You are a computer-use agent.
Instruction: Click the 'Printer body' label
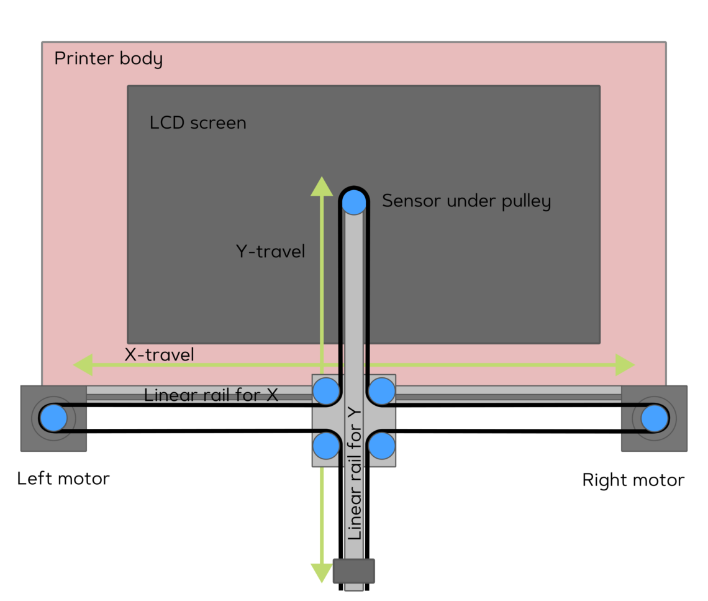point(108,59)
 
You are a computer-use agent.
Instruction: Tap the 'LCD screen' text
point(197,123)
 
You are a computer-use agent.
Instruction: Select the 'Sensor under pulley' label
point(466,201)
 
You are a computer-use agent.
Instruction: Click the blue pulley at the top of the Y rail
point(354,201)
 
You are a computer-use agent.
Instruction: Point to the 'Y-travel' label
point(270,252)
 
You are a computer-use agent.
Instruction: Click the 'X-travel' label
point(159,355)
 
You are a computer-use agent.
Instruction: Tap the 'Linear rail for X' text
point(211,395)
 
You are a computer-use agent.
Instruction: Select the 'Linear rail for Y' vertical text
point(355,472)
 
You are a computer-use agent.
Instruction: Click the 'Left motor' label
point(63,479)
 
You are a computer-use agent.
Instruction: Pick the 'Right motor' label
point(633,480)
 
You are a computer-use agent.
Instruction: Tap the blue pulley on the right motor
point(655,418)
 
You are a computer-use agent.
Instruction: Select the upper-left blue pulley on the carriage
point(326,392)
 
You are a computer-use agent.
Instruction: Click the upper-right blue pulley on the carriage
point(381,392)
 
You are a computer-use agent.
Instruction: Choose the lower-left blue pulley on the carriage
point(326,445)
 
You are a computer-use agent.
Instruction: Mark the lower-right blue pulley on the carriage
point(381,445)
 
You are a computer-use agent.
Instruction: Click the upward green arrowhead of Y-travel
point(322,186)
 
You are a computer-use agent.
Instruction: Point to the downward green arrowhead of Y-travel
point(322,572)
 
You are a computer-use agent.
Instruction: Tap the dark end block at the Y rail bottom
point(354,571)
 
